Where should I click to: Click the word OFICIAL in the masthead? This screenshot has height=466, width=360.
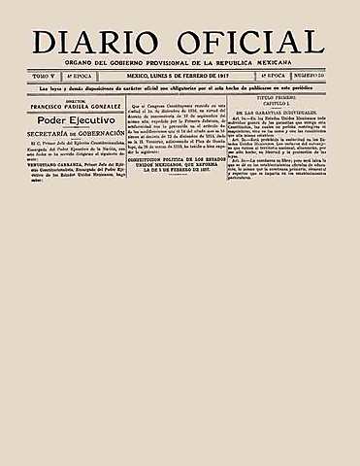[254, 43]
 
